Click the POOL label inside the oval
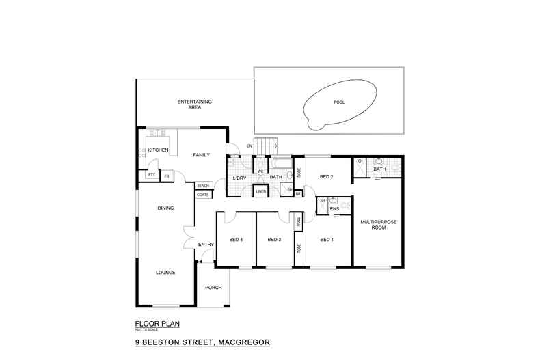(338, 102)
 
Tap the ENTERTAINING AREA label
(195, 105)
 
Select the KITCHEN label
(159, 150)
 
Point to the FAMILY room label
(201, 155)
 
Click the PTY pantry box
(151, 175)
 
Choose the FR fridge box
(166, 175)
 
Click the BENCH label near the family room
(203, 186)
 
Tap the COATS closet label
(203, 195)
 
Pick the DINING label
(165, 208)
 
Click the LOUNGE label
(165, 272)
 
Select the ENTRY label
(206, 245)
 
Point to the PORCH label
(213, 287)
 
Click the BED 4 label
(237, 240)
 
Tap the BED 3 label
(275, 240)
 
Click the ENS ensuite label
(334, 209)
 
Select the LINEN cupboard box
(260, 192)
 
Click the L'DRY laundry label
(239, 178)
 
